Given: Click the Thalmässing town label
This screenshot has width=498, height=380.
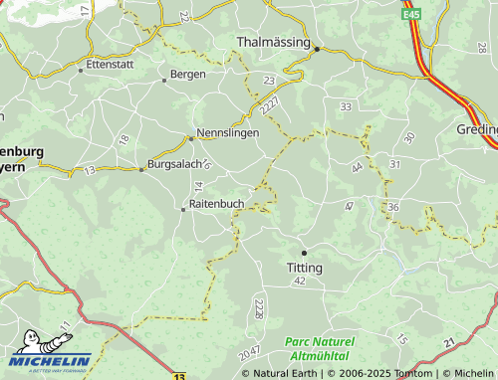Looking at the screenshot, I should [274, 42].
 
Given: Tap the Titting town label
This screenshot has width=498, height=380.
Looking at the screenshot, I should [304, 268].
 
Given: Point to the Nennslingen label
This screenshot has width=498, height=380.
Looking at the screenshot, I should [228, 132].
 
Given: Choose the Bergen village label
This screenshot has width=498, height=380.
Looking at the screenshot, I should [188, 74].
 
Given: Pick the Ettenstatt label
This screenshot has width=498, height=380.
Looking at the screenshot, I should [111, 64].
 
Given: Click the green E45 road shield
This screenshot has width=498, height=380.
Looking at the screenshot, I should [410, 16].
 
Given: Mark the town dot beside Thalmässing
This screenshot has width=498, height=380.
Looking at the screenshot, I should [317, 48].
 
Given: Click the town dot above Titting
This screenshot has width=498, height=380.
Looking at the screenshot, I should [304, 251].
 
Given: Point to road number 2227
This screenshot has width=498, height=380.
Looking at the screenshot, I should [266, 102].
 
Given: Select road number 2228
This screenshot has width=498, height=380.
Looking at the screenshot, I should [259, 307].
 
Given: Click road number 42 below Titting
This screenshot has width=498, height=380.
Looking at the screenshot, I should [300, 282].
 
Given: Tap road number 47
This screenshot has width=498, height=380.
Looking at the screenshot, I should [349, 206].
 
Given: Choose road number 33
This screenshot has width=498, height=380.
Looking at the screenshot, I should [346, 106].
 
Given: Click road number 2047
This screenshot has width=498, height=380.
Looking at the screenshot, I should [248, 351].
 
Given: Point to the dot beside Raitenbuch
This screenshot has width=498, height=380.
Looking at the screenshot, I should [182, 209].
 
